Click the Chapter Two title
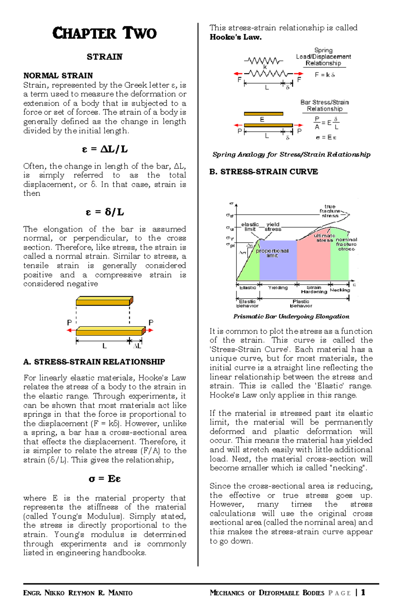coord(104,33)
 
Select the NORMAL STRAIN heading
coord(58,76)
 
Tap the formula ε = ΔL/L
coord(105,149)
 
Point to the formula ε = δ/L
coord(105,212)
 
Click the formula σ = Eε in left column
coord(105,479)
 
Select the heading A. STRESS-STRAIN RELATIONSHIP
coord(94,362)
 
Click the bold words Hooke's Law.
coord(236,37)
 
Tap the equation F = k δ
coord(325,75)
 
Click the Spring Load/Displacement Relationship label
coord(323,57)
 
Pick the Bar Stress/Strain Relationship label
coord(324,106)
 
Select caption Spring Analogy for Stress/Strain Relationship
coord(291,155)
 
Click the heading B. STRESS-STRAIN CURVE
coord(264,172)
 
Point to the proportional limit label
coord(272,253)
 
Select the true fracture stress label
coord(330,211)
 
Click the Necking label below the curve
coord(340,290)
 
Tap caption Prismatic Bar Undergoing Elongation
coord(291,316)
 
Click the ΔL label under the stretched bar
coord(137,346)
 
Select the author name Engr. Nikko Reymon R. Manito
coord(78,593)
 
